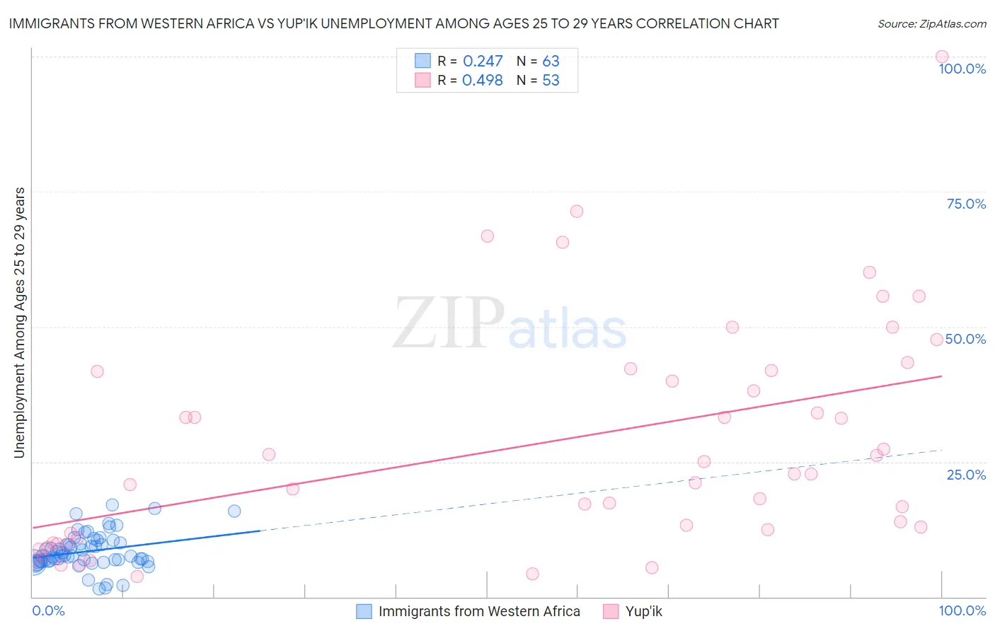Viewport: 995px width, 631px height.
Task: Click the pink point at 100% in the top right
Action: tap(941, 57)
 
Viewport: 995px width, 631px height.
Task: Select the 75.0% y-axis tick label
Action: tap(966, 204)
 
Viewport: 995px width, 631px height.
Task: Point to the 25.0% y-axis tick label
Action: tap(966, 475)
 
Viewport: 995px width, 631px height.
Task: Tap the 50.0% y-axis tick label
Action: tap(965, 339)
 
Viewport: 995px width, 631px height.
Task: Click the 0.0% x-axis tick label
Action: tap(48, 610)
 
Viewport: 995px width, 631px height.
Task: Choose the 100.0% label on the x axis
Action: tap(962, 610)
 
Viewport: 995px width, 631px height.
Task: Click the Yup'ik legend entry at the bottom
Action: tap(643, 611)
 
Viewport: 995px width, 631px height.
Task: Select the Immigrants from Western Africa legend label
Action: tap(478, 611)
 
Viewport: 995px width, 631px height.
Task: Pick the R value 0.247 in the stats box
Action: tap(483, 62)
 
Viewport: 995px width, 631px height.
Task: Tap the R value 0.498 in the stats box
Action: tap(483, 81)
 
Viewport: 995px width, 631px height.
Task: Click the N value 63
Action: tap(551, 62)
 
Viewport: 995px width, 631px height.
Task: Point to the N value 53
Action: tap(551, 81)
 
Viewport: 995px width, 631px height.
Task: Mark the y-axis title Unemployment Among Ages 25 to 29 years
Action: tap(20, 323)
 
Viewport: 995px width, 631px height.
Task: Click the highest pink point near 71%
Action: tap(577, 212)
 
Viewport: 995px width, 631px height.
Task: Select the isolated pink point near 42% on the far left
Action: tap(97, 371)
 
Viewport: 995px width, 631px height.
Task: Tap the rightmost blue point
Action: tap(234, 511)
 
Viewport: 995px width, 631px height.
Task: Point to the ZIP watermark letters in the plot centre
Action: tap(449, 323)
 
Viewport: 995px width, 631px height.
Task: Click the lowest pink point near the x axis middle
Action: tap(532, 574)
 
